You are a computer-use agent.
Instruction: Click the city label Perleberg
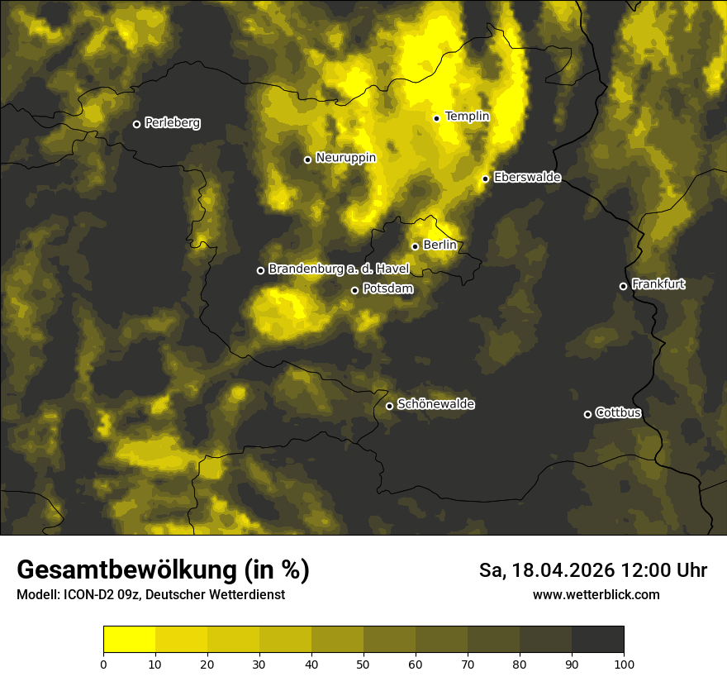coord(172,123)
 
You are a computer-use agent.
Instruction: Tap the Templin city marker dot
coord(436,118)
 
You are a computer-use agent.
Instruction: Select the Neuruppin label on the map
coord(345,158)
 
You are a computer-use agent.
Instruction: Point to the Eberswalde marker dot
coord(486,179)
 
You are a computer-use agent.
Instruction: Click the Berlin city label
coord(440,245)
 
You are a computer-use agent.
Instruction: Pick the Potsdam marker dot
coord(355,290)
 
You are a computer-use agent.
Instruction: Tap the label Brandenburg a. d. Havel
coord(339,269)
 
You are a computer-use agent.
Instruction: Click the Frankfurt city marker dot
coord(623,286)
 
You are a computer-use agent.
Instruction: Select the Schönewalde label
coord(435,404)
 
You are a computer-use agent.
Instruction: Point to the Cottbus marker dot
coord(587,414)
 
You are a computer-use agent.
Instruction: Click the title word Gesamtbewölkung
coord(127,570)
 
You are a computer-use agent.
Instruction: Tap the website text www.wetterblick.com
coord(596,594)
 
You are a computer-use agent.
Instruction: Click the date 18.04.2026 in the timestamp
coord(563,570)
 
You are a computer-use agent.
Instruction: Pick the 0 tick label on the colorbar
coord(103,664)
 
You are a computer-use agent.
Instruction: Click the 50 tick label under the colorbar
coord(363,664)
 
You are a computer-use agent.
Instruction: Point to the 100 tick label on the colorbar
coord(623,664)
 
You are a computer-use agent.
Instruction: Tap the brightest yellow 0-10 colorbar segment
coord(129,640)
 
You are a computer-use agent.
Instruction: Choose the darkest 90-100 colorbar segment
coord(597,640)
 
